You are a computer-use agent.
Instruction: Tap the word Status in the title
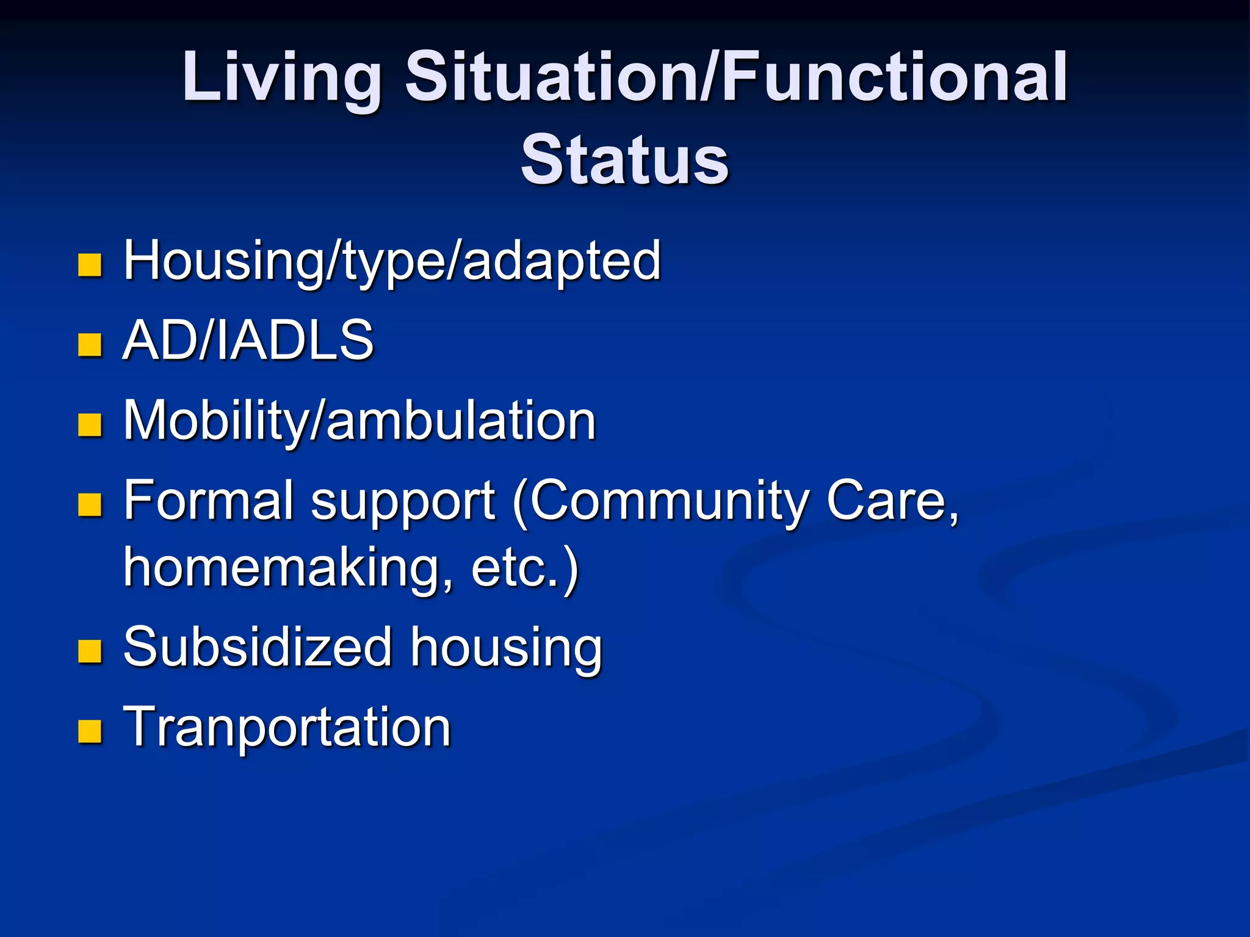point(624,160)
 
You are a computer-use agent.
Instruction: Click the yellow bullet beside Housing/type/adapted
point(90,265)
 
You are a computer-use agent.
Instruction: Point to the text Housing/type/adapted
point(392,261)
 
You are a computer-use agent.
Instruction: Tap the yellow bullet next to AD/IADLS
point(90,345)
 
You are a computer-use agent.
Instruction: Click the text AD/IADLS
point(248,340)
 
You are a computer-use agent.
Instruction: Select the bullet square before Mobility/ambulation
point(90,425)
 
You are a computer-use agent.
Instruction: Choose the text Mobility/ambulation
point(359,421)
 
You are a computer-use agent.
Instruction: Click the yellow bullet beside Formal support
point(90,505)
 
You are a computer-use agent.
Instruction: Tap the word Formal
point(209,501)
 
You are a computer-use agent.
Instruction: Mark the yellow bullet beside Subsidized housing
point(90,652)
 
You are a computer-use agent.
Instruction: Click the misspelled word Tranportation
point(287,727)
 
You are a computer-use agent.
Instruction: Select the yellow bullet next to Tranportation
point(90,731)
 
